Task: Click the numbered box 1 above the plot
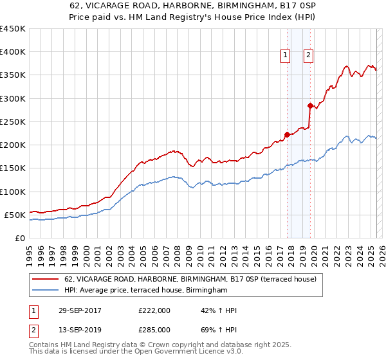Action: click(284, 56)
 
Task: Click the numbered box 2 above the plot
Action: click(308, 56)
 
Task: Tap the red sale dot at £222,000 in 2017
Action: click(288, 134)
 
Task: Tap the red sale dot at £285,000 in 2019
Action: click(310, 105)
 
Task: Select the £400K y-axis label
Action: click(13, 52)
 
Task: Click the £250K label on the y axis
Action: click(13, 122)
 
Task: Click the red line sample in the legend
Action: click(46, 280)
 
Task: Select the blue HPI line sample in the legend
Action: click(46, 291)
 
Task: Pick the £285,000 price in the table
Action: click(154, 329)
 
